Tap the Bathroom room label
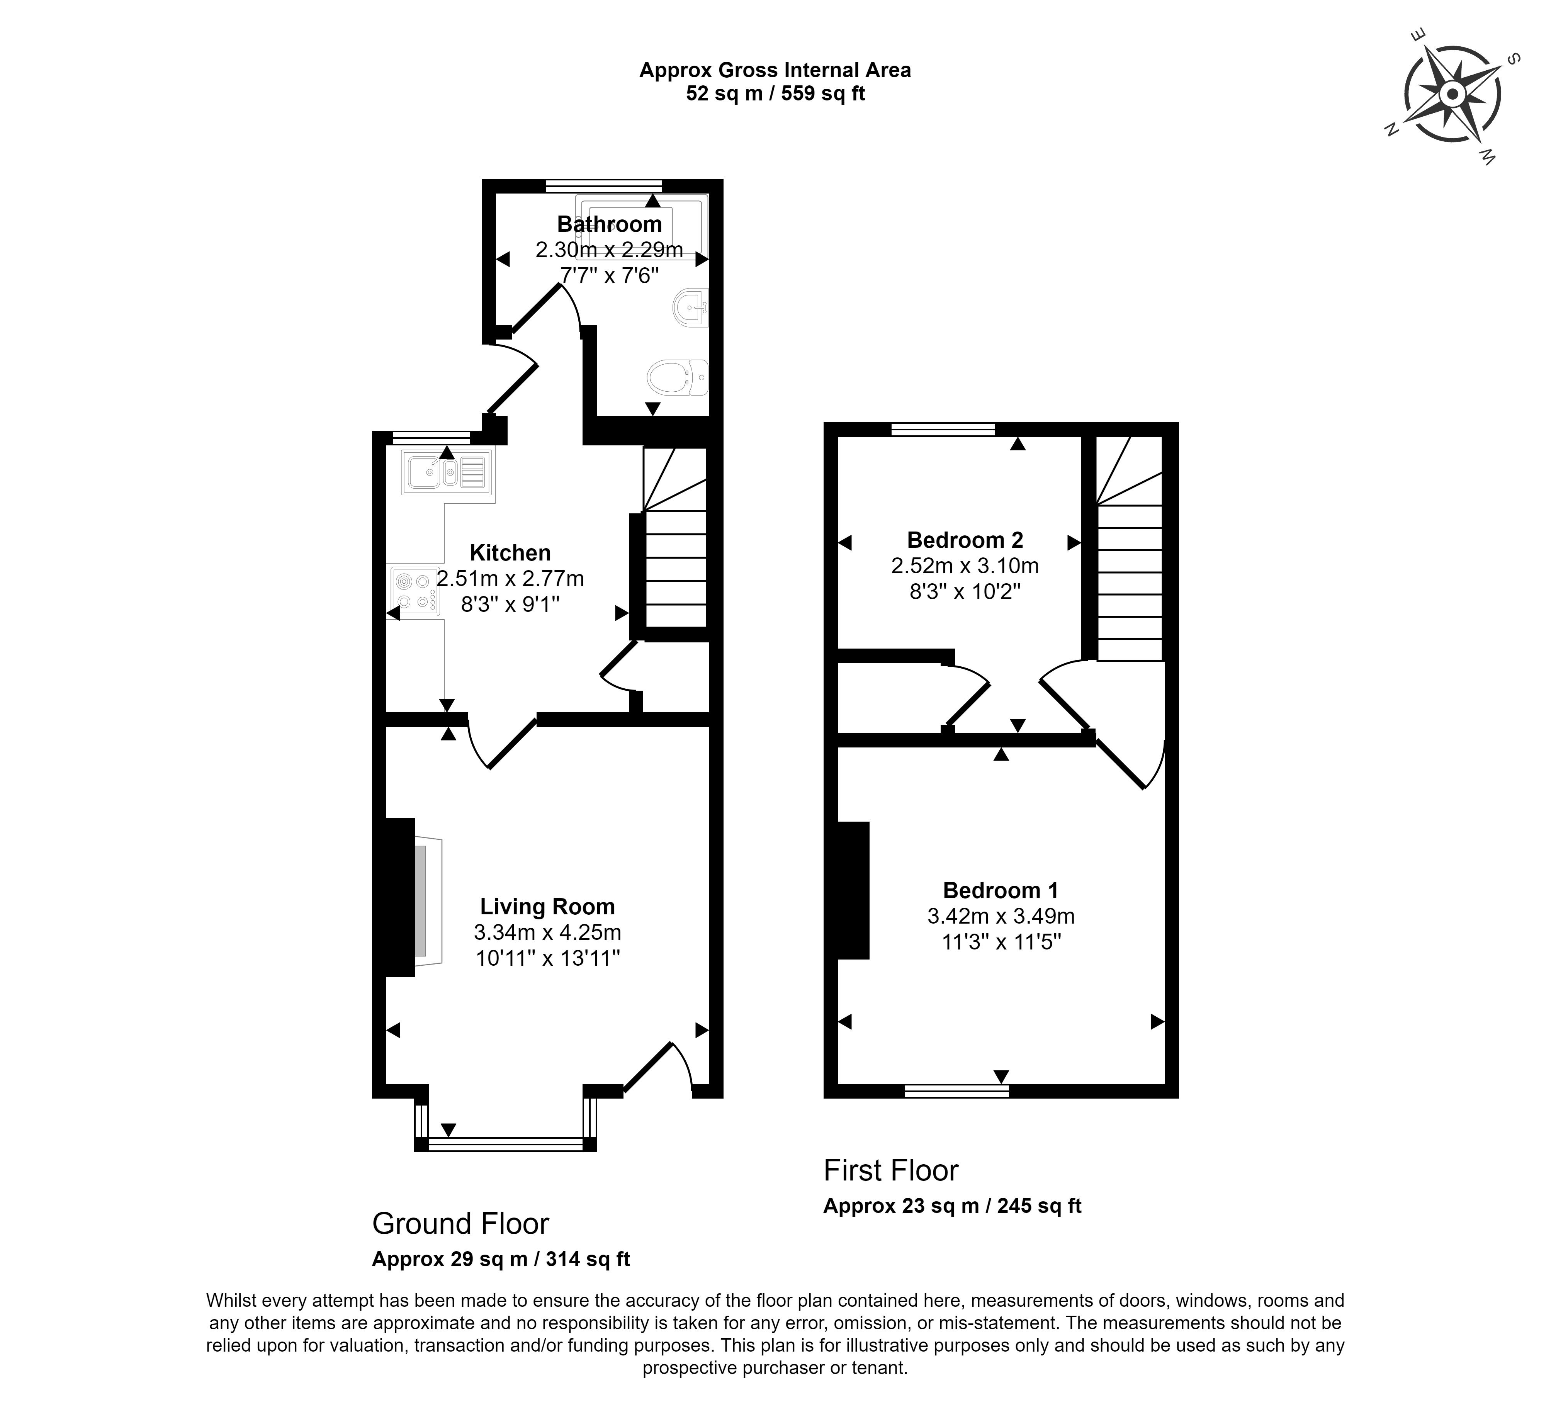(x=609, y=224)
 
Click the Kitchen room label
(x=510, y=552)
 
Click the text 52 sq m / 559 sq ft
(x=776, y=94)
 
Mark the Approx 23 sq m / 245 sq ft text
(x=953, y=1206)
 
